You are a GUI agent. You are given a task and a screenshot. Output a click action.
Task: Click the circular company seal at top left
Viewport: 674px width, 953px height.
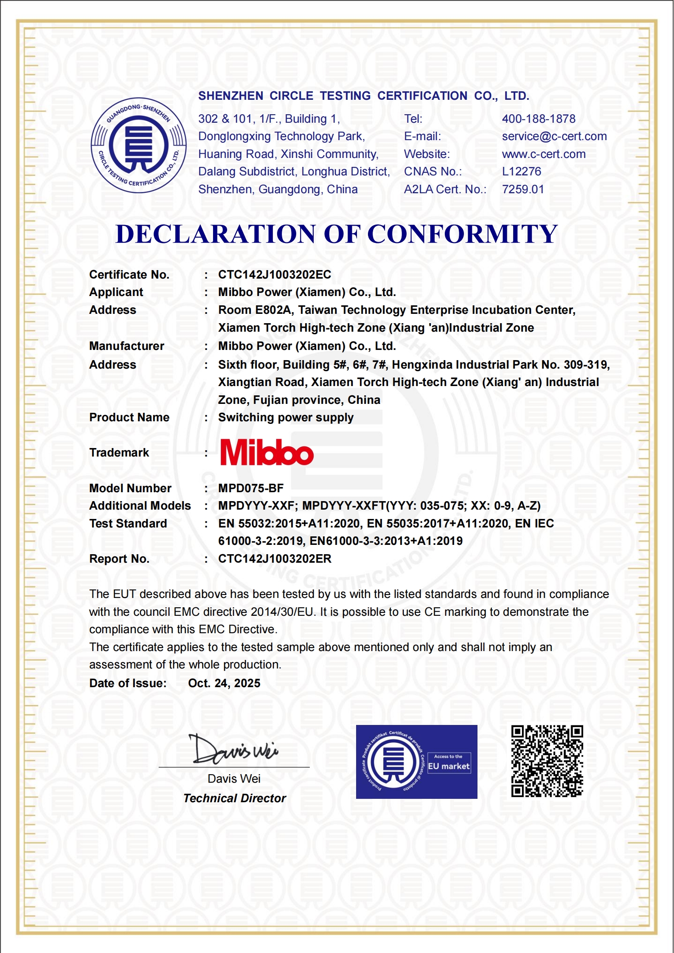(139, 146)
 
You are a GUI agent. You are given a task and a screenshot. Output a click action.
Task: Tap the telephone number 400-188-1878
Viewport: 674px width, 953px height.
(539, 119)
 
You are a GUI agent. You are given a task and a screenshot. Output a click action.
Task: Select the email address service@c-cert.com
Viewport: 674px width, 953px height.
(554, 136)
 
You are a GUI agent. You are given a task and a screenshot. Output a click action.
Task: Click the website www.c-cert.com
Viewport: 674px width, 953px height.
(544, 154)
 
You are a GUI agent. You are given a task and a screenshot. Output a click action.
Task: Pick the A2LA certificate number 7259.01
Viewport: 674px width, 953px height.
(523, 189)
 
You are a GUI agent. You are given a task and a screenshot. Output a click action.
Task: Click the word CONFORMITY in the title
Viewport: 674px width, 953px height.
(462, 234)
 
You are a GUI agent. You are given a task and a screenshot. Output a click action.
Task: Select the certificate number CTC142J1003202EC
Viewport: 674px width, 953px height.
(275, 275)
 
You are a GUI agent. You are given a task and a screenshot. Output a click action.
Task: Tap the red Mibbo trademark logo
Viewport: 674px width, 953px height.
(267, 453)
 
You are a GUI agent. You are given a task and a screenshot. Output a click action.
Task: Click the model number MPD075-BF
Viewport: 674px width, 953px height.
(251, 488)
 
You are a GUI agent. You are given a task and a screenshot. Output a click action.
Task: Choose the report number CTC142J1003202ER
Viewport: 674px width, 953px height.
(275, 559)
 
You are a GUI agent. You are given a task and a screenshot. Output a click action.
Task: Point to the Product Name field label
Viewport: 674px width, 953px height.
(129, 417)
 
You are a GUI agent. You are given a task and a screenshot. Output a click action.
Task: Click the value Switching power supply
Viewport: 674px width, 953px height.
(286, 417)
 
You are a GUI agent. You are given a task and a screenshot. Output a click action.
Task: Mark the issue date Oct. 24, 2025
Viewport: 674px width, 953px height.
(224, 683)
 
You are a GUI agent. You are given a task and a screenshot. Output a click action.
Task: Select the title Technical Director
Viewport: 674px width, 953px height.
(235, 798)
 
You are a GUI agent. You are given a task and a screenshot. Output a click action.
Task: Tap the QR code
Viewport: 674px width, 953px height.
(547, 761)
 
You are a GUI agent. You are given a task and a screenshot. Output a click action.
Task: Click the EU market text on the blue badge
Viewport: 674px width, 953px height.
(449, 767)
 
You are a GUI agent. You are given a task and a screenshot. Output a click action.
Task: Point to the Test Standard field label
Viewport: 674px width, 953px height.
(128, 524)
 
